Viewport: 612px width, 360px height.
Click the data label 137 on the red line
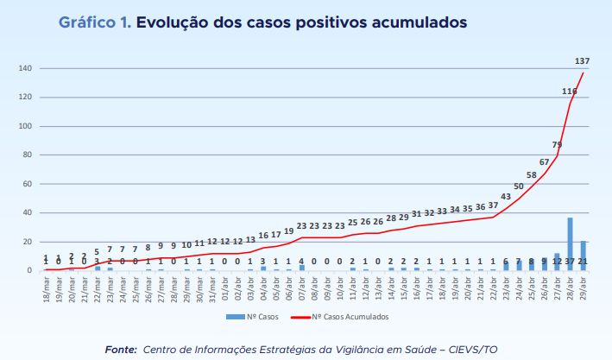pyautogui.click(x=584, y=61)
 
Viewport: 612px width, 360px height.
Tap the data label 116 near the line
pyautogui.click(x=569, y=92)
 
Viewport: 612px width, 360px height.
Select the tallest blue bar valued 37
pyautogui.click(x=570, y=244)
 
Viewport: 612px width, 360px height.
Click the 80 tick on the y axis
pyautogui.click(x=28, y=155)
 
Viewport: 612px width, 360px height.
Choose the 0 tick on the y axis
pyautogui.click(x=30, y=270)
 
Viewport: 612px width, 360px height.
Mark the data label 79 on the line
pyautogui.click(x=557, y=145)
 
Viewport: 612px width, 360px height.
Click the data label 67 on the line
pyautogui.click(x=544, y=162)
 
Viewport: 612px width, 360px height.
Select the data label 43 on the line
pyautogui.click(x=506, y=197)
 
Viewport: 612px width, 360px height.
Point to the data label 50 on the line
pyautogui.click(x=519, y=186)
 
